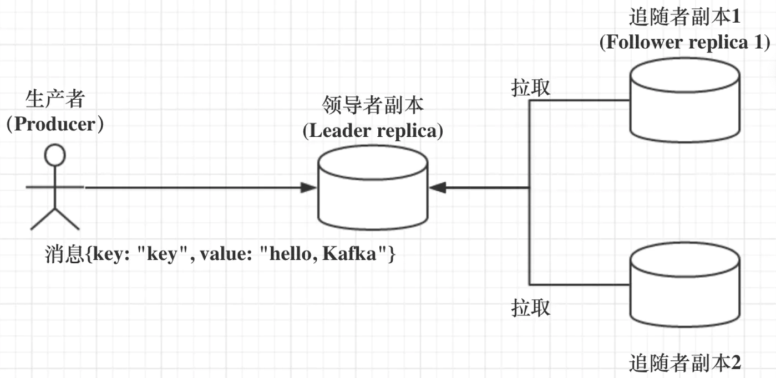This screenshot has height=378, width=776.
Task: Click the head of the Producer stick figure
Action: click(x=55, y=155)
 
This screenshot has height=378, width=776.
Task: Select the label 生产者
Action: click(x=55, y=100)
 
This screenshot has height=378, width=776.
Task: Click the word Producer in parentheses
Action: click(x=55, y=124)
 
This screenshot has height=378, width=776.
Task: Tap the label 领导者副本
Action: click(x=372, y=106)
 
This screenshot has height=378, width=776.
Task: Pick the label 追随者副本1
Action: click(x=685, y=18)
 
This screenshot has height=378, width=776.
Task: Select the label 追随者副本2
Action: click(x=685, y=364)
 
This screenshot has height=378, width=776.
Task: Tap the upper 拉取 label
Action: click(x=531, y=88)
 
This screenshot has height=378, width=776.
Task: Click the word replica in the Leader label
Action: click(x=407, y=131)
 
